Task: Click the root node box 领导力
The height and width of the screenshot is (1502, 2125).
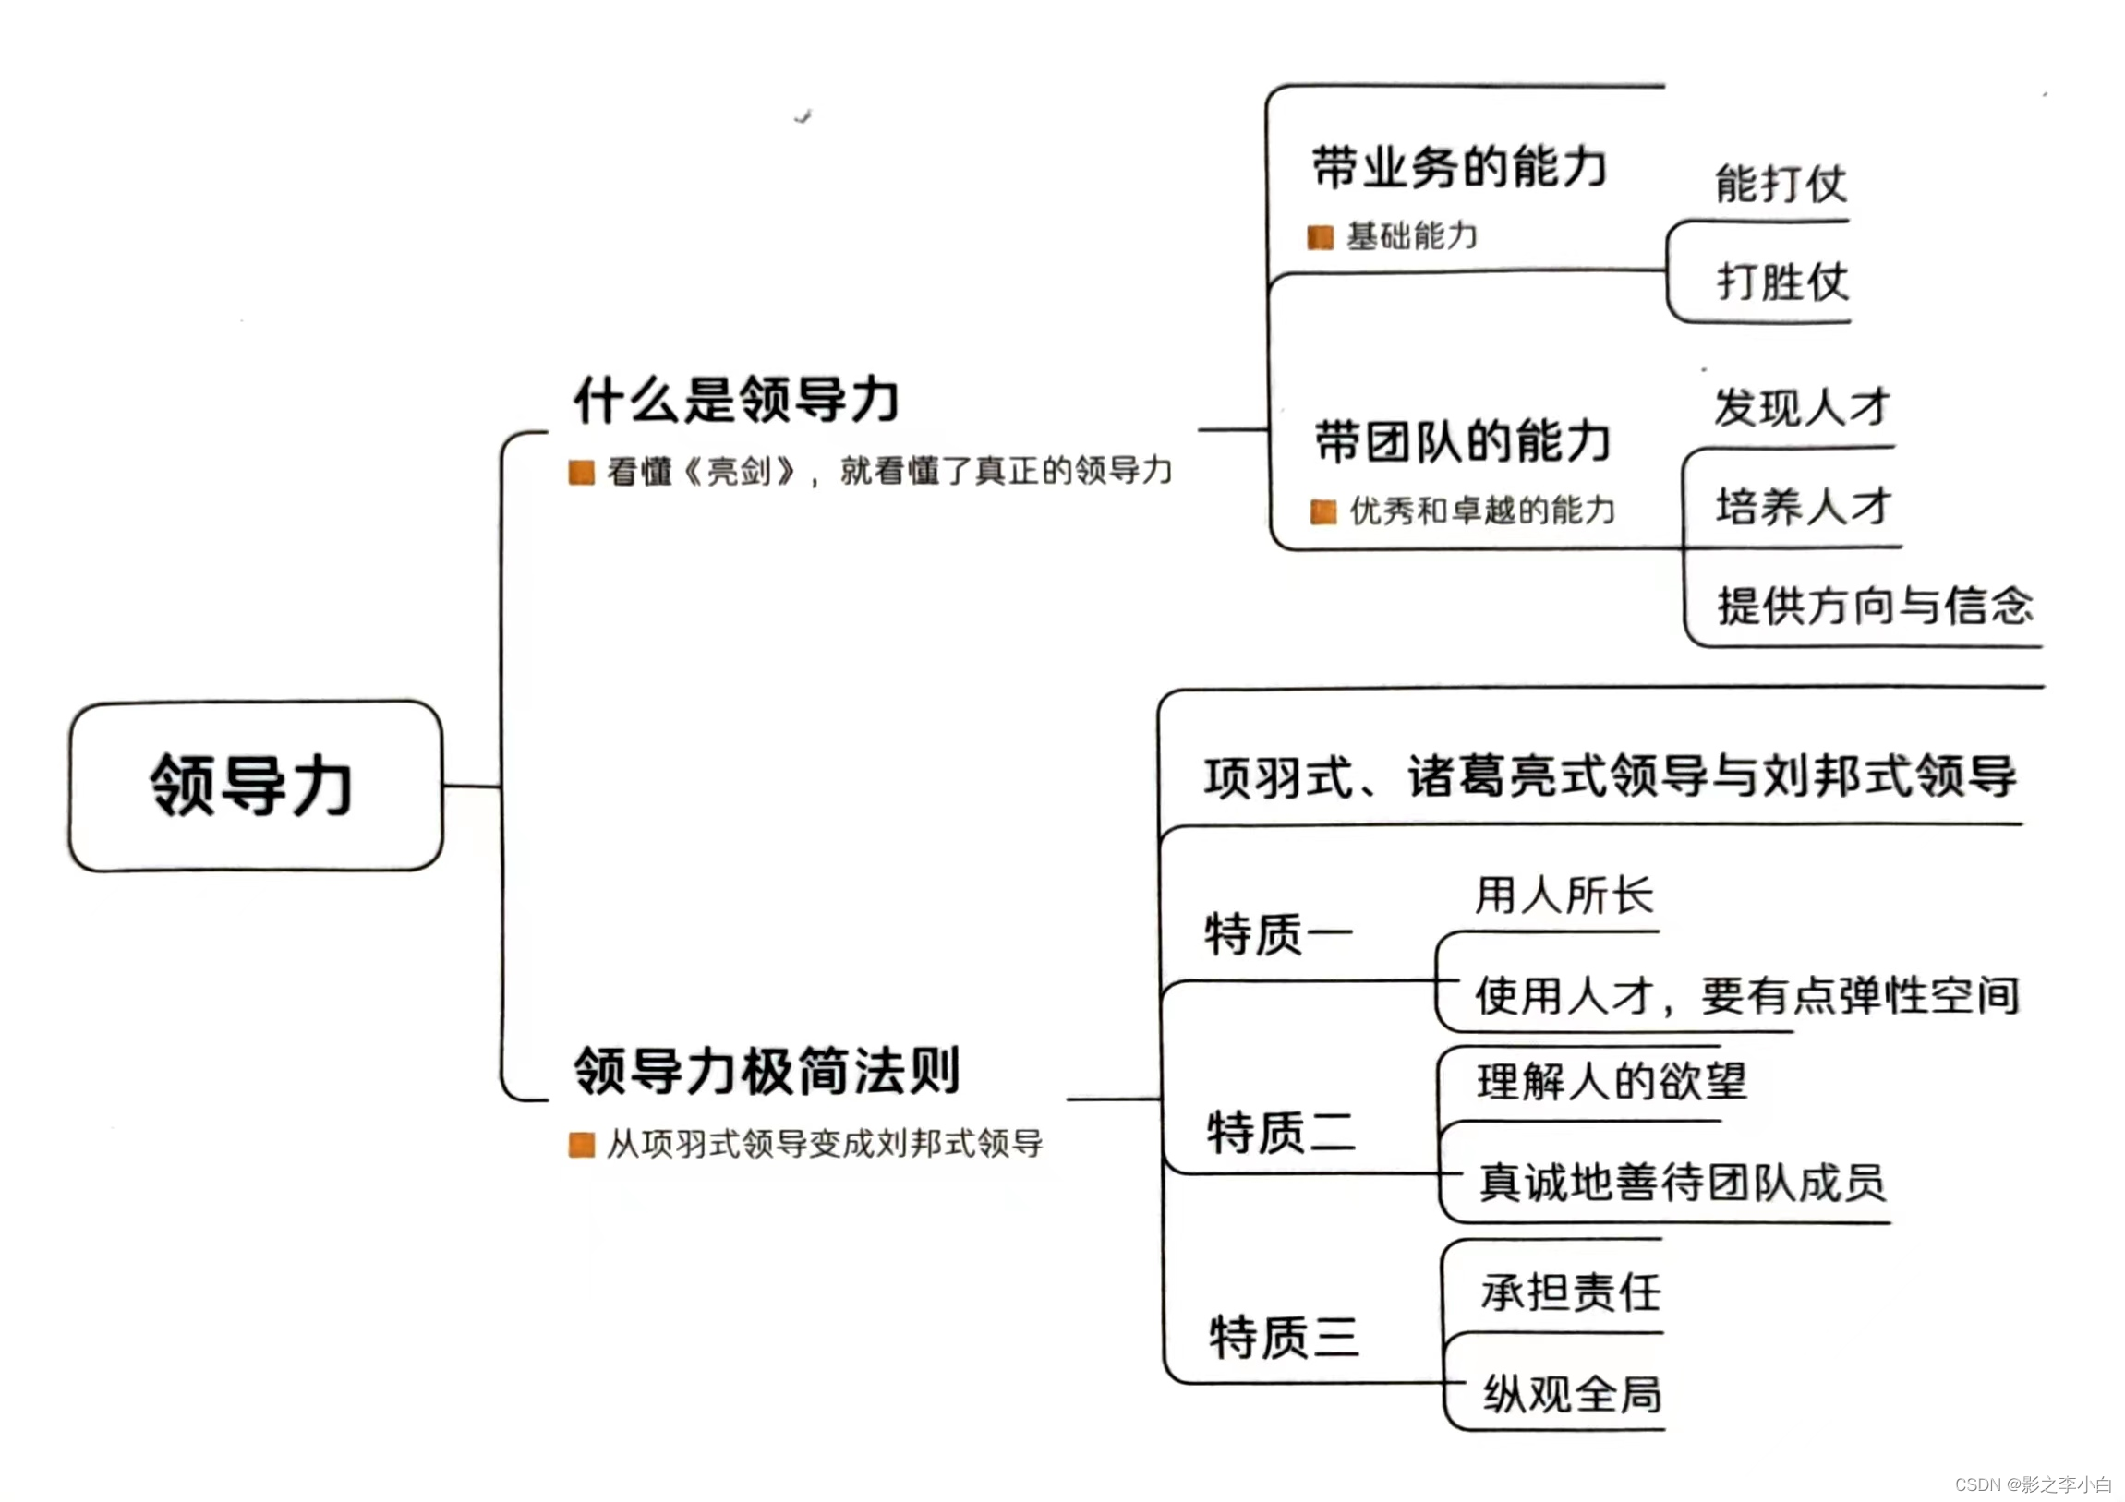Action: [x=256, y=786]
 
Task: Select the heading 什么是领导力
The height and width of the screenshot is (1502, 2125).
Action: [x=736, y=400]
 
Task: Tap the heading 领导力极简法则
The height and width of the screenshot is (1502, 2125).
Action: [x=767, y=1071]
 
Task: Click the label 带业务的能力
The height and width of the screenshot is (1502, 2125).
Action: [x=1458, y=167]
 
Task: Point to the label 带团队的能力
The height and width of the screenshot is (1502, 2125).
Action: [x=1462, y=440]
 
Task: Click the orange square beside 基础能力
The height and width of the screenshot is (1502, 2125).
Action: [x=1320, y=238]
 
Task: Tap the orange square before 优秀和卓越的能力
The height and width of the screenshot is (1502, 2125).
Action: [x=1323, y=511]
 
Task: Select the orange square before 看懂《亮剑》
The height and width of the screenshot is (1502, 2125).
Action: [x=581, y=473]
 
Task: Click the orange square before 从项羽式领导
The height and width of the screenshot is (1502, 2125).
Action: [x=581, y=1145]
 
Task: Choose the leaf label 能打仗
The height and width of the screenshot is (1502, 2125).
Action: [x=1780, y=183]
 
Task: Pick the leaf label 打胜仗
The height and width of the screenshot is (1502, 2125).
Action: [x=1782, y=282]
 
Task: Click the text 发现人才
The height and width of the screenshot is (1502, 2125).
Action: [x=1801, y=407]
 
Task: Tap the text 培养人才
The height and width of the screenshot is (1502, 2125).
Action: [x=1803, y=506]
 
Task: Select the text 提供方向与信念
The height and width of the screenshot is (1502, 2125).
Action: [x=1875, y=607]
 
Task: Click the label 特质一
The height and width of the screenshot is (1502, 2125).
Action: [x=1278, y=933]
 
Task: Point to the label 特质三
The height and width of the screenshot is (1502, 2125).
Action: [x=1284, y=1338]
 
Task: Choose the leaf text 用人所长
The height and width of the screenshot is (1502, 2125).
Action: [x=1564, y=895]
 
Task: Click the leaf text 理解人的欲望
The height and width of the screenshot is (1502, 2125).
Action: [x=1612, y=1081]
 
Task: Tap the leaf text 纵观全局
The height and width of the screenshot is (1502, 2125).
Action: [x=1572, y=1394]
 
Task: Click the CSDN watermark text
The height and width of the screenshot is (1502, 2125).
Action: [x=2033, y=1484]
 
